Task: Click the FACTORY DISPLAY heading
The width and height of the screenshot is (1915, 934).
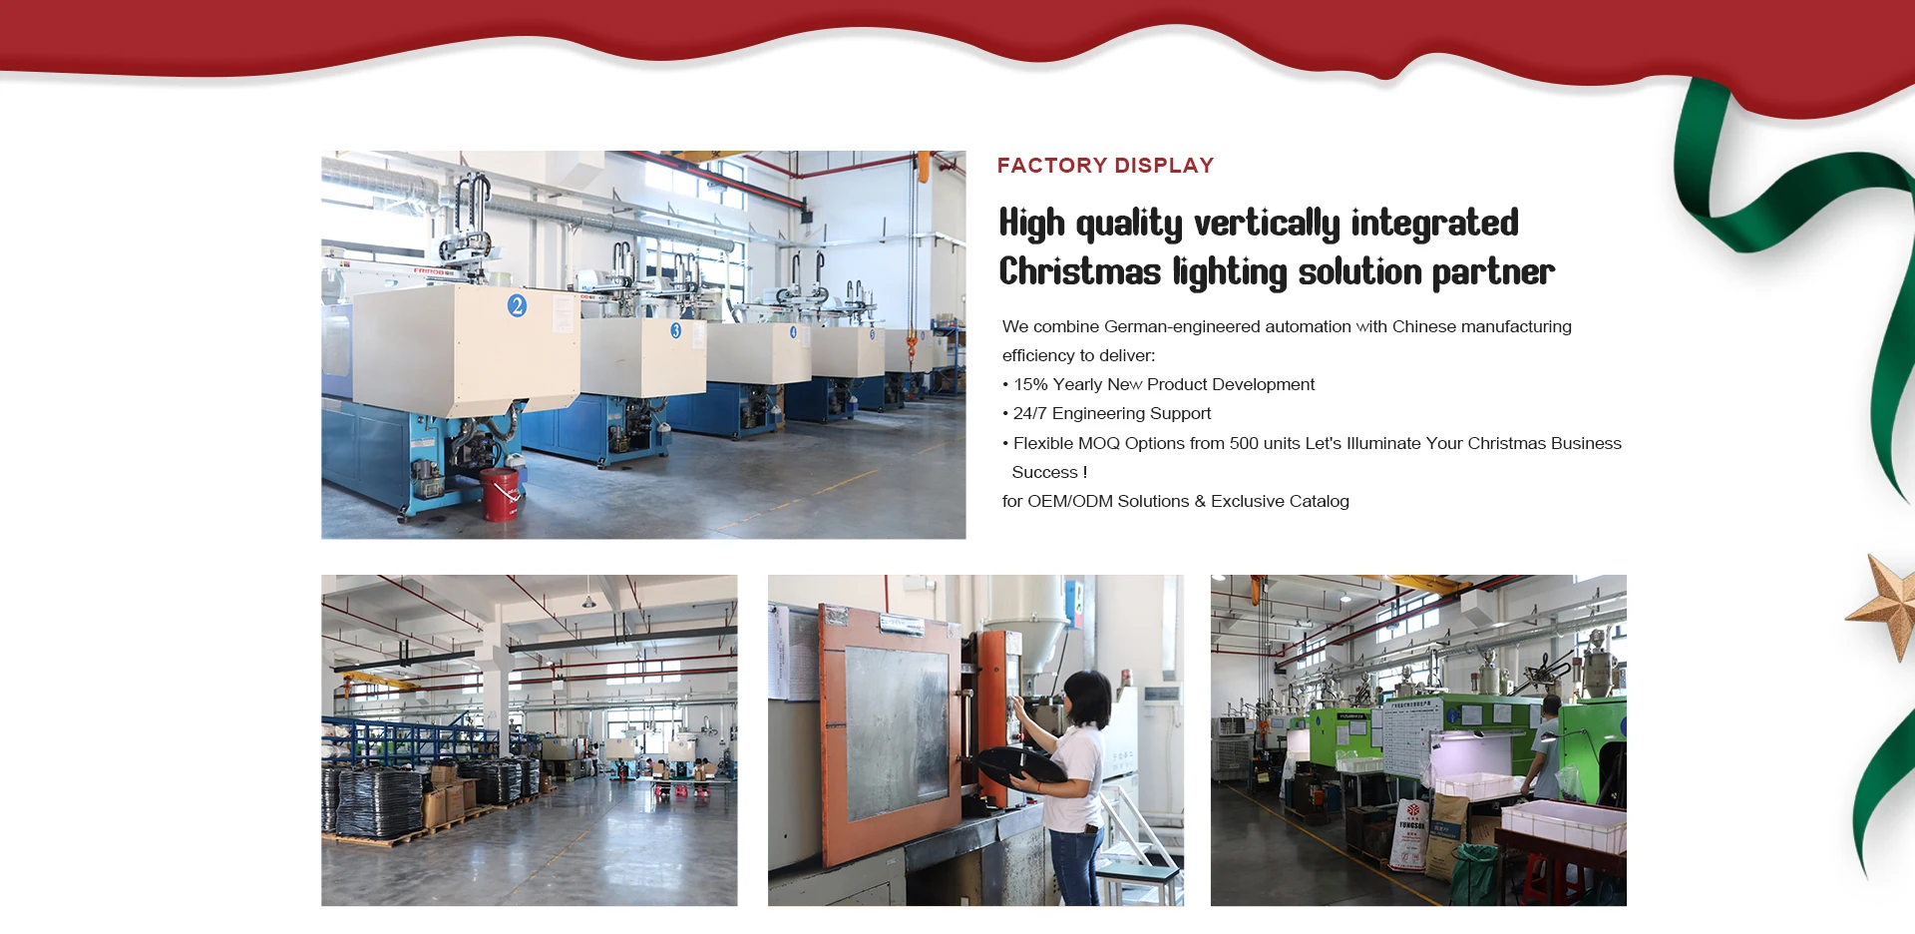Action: click(x=1105, y=166)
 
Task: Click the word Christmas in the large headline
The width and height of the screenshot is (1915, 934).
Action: click(x=1080, y=271)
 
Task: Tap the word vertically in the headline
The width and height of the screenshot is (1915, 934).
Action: click(x=1267, y=224)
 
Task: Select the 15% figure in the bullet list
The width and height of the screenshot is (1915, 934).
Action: click(x=1030, y=384)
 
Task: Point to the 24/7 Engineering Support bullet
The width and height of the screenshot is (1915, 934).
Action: click(x=1112, y=413)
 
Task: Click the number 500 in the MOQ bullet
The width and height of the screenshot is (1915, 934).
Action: click(x=1244, y=443)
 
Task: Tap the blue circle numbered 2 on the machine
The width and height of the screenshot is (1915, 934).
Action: click(x=517, y=305)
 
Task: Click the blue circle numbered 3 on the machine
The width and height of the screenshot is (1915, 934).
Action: click(x=676, y=330)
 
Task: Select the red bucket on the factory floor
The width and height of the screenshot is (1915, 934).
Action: click(x=500, y=494)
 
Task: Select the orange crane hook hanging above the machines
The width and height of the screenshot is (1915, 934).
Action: click(x=912, y=348)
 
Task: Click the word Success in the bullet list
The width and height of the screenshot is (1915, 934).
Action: click(x=1044, y=472)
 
